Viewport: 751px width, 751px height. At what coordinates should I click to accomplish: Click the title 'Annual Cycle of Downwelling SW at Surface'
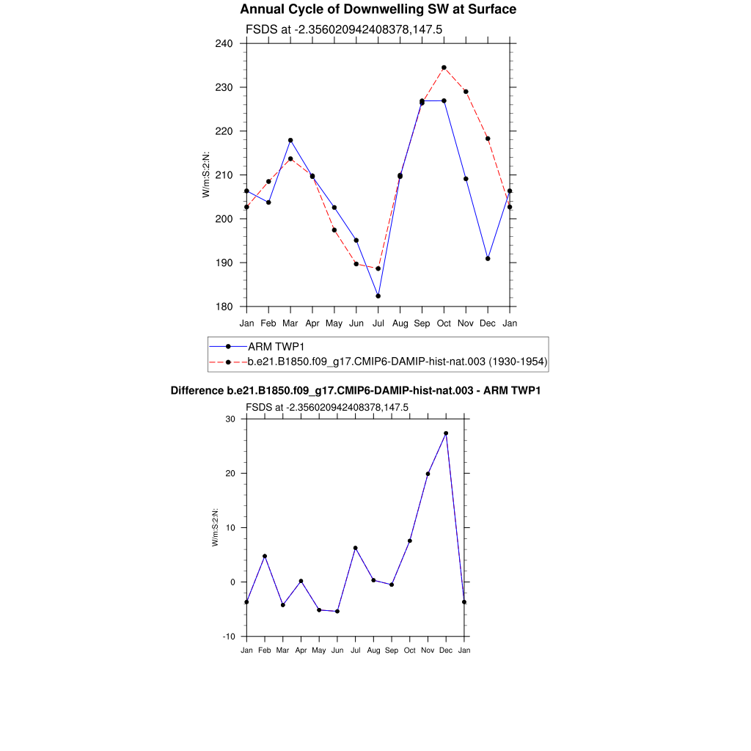(378, 10)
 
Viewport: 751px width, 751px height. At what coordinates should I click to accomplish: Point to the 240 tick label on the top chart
(224, 43)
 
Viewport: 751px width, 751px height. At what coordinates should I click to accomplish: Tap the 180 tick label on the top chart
(224, 307)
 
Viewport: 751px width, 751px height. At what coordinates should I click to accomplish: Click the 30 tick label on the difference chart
(230, 419)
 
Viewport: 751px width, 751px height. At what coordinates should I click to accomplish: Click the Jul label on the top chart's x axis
(378, 323)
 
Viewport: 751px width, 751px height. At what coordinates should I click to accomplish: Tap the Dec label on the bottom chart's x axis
(446, 651)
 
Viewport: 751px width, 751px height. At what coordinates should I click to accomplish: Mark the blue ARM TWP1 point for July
(378, 296)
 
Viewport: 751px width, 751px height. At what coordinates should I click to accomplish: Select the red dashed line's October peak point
(444, 67)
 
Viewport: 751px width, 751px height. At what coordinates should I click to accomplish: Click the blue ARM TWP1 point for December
(488, 258)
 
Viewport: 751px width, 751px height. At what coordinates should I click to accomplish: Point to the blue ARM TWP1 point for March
(290, 140)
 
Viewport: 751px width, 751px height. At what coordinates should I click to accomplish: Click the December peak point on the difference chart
(446, 433)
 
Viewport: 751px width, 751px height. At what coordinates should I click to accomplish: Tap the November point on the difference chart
(428, 474)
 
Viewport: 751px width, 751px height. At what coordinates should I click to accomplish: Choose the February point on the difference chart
(265, 556)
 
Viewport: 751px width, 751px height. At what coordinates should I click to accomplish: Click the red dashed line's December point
(488, 139)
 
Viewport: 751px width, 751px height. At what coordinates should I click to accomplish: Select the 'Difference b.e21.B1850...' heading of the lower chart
(356, 391)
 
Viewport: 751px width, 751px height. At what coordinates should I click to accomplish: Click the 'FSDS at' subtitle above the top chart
(343, 29)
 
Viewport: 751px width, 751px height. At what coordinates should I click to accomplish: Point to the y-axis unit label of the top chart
(207, 175)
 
